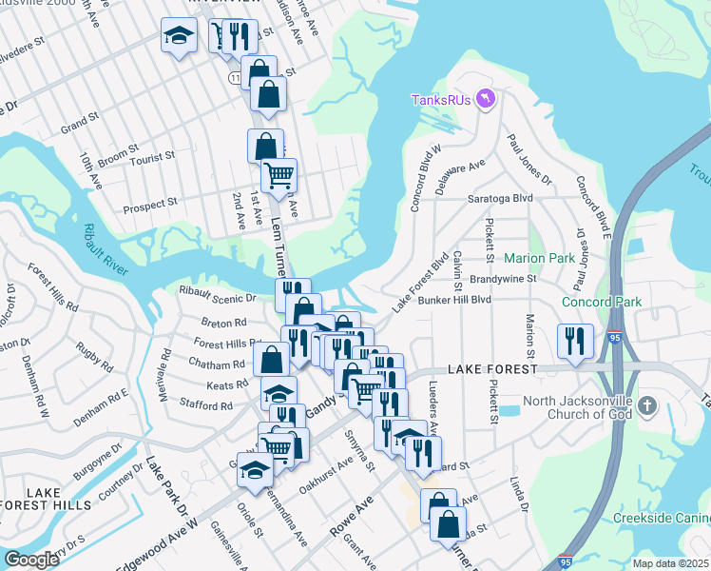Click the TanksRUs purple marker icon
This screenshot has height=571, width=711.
click(487, 99)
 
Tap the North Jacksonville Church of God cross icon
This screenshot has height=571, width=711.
click(646, 406)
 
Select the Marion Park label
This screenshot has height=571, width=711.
click(539, 258)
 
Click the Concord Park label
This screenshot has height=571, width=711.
click(602, 302)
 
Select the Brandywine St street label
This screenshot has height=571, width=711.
click(504, 279)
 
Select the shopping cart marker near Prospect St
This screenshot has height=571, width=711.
click(279, 175)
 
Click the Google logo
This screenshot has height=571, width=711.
click(31, 560)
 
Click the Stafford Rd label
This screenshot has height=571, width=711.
click(206, 405)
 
